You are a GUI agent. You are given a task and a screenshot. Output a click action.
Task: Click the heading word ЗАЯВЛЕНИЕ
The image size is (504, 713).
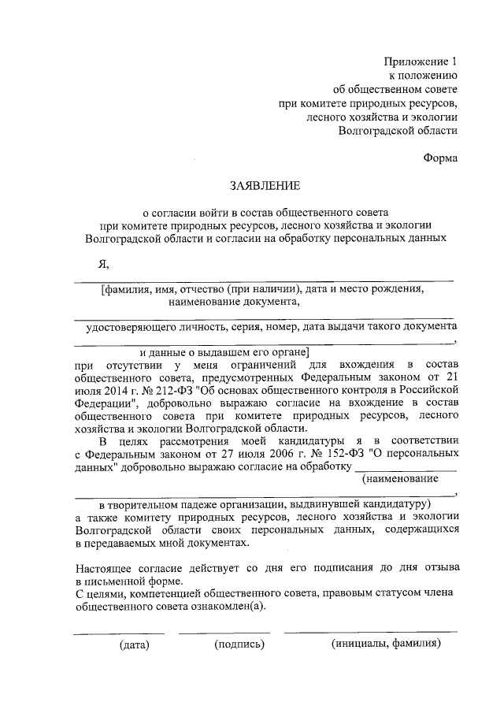tap(264, 187)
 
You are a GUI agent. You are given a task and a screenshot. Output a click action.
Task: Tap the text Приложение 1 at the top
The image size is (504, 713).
tap(420, 61)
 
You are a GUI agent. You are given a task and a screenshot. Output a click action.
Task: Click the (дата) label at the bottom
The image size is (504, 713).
tap(134, 644)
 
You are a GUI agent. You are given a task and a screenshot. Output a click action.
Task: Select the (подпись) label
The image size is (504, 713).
tap(239, 644)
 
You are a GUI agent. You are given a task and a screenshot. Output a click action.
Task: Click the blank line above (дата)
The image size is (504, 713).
tap(119, 632)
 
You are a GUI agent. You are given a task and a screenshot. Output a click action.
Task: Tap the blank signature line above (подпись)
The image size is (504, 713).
tap(224, 632)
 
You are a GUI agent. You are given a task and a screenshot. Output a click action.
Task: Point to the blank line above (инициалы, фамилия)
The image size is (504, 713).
tap(370, 632)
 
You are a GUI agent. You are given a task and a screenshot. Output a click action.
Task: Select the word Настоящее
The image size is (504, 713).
tap(106, 567)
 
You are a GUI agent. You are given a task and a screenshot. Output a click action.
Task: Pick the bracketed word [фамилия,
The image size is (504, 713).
tap(128, 289)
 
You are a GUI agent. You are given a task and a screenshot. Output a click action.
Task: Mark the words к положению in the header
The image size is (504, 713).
tap(424, 76)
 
